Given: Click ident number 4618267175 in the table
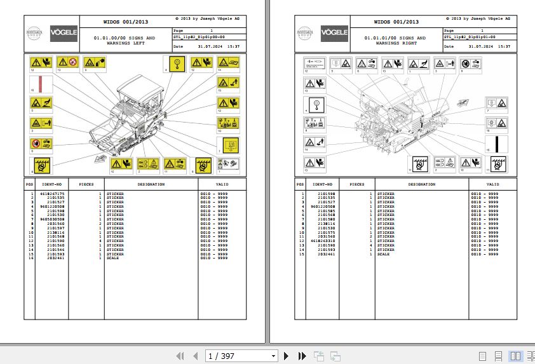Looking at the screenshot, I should click(x=51, y=193).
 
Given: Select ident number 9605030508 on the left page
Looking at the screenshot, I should click(x=51, y=219).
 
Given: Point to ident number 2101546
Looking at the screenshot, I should click(x=56, y=250).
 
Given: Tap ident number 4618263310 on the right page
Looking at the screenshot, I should click(x=322, y=241).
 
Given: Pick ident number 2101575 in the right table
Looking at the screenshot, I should click(x=327, y=232).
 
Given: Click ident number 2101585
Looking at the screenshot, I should click(x=327, y=210).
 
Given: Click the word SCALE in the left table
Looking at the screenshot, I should click(x=112, y=258).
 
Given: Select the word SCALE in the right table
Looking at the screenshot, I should click(x=383, y=253).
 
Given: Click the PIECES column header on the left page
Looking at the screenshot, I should click(x=86, y=184).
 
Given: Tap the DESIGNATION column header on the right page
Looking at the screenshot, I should click(x=422, y=184).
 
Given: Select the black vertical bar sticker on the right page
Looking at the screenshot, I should click(x=496, y=144).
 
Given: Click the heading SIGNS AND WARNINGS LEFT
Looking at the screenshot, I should click(x=124, y=41).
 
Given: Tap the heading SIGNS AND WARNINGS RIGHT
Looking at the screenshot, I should click(x=395, y=41).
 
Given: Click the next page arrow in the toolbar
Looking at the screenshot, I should click(x=287, y=356).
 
